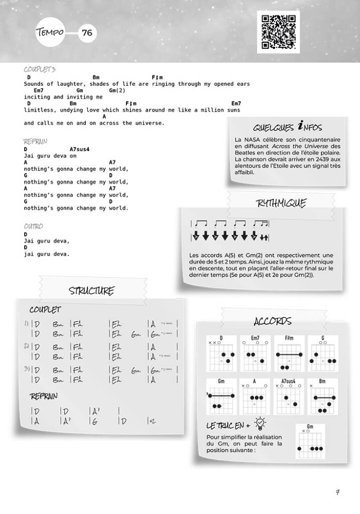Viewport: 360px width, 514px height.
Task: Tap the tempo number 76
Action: pos(86,33)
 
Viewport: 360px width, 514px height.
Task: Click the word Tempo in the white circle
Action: pos(50,33)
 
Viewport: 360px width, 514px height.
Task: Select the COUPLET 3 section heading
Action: pos(40,69)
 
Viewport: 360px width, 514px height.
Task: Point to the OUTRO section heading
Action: pos(33,226)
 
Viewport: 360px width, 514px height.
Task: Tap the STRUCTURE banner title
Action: pos(91,291)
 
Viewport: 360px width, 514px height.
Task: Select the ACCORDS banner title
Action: pos(273,321)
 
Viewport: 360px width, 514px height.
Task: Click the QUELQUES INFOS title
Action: pos(288,127)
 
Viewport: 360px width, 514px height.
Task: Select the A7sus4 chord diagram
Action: pos(289,397)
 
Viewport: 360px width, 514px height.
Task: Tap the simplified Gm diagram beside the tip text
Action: pos(310,442)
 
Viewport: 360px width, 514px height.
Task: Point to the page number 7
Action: pos(337,492)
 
